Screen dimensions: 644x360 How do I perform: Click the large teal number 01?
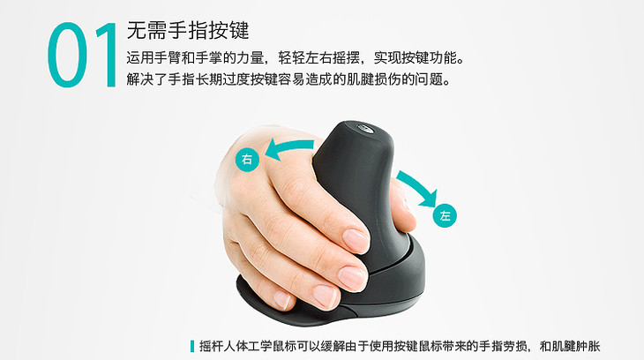[x=81, y=55]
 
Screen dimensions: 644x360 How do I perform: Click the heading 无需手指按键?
[x=188, y=30]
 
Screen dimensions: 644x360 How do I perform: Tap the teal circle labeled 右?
[x=247, y=159]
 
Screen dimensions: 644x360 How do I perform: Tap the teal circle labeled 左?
[x=445, y=215]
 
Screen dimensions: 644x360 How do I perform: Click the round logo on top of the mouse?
[x=364, y=128]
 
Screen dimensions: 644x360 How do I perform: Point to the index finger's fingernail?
[x=356, y=240]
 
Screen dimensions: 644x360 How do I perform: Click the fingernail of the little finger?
[x=282, y=300]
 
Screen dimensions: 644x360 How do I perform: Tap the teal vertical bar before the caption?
[x=191, y=346]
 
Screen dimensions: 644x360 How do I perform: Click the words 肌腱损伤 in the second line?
[x=374, y=79]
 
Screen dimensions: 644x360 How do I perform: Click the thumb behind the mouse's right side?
[x=401, y=206]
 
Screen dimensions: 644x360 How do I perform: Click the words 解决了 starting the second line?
[x=147, y=79]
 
